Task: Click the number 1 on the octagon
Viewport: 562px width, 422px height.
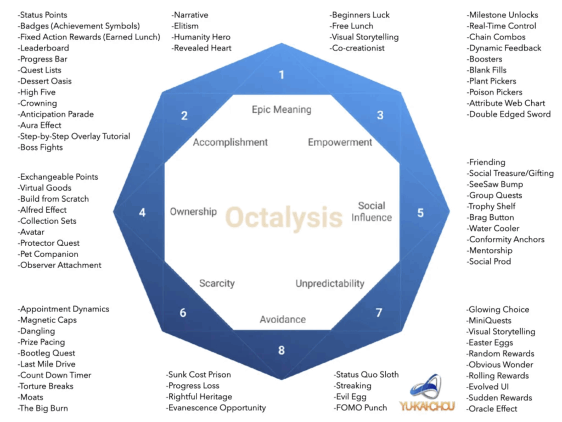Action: tap(282, 75)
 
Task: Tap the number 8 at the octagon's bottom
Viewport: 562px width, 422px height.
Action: tap(282, 350)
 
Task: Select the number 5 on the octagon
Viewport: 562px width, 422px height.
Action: tap(420, 213)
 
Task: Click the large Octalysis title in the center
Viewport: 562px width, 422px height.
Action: tap(284, 218)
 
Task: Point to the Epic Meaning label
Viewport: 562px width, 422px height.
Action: tap(282, 109)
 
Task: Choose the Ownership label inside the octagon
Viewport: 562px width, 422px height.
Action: tap(193, 212)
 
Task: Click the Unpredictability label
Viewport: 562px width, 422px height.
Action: tap(330, 284)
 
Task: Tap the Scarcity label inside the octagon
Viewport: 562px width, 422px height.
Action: tap(217, 284)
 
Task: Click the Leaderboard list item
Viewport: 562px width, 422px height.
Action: tap(43, 48)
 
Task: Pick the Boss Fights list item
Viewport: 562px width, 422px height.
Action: tap(40, 147)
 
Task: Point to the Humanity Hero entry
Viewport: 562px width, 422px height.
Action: tap(201, 37)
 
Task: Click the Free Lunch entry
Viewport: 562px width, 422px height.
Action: tap(351, 26)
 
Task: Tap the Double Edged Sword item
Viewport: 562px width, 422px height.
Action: tap(509, 114)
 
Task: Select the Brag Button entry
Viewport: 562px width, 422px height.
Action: tap(490, 218)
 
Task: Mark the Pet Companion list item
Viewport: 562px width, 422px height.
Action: tap(48, 254)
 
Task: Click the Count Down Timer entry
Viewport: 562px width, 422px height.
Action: tap(54, 375)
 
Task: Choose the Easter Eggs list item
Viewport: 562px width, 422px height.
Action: tap(490, 343)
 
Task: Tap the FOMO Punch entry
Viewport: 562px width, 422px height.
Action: tap(360, 408)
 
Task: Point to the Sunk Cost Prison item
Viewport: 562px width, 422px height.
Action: tap(198, 375)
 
